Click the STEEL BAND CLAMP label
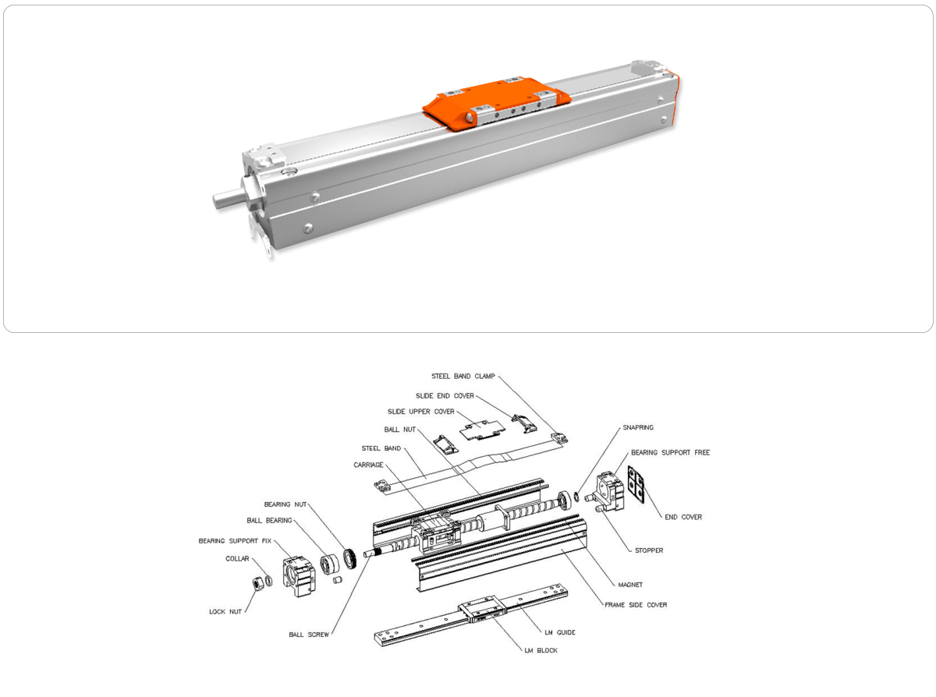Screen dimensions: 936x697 [463, 376]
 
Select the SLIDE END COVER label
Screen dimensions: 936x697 [445, 396]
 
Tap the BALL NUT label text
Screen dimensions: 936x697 [399, 430]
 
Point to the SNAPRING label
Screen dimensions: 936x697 [638, 427]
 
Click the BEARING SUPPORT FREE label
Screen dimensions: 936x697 [670, 452]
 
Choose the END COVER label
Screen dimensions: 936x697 [683, 517]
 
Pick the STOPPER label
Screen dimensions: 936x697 [649, 550]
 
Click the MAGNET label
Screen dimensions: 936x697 [630, 585]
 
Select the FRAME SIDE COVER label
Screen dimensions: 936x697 [636, 604]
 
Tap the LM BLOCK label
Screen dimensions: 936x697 [541, 650]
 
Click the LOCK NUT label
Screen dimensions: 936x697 [225, 611]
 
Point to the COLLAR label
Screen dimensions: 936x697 [237, 558]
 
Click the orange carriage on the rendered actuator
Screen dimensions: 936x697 [496, 101]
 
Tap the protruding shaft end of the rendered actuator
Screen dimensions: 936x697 [227, 198]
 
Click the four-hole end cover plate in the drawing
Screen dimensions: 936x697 [636, 485]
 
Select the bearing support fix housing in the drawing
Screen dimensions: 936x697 [299, 575]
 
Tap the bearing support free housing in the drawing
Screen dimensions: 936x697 [610, 491]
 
